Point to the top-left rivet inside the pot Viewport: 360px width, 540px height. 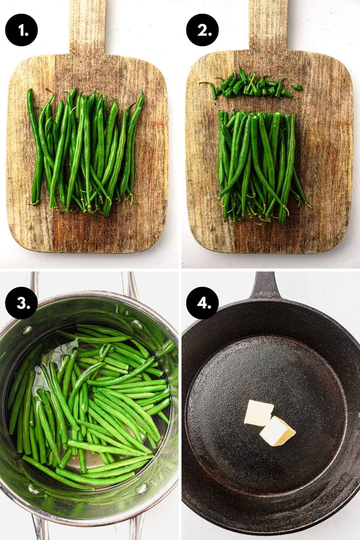click(28, 331)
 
